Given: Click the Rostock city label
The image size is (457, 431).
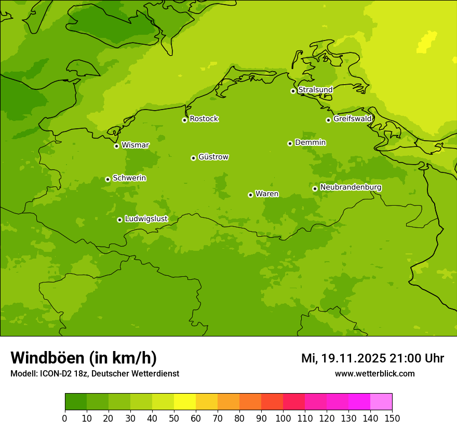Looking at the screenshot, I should point(204,119).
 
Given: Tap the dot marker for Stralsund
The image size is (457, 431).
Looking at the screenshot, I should point(293,91).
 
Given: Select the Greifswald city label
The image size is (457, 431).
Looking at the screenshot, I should point(352,119).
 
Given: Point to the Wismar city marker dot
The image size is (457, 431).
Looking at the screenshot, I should point(116,146).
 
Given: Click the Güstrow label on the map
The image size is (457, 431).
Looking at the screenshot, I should point(213,157).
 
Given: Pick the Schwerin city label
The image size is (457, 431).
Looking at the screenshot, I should point(129,178).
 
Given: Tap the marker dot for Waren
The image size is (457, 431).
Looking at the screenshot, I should point(250,195).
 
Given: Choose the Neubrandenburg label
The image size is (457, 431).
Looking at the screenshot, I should point(351,187).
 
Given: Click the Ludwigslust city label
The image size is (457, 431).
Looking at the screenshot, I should point(146,219).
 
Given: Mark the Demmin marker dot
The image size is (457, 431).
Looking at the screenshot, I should point(290,143).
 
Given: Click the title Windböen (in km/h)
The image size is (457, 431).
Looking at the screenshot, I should point(84,358).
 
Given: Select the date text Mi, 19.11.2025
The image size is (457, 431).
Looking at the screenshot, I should point(343,358).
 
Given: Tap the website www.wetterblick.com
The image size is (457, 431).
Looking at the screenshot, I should point(374,374).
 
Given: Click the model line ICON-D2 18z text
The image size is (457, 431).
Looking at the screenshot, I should point(95,374).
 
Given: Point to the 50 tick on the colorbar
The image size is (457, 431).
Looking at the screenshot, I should point(174,418).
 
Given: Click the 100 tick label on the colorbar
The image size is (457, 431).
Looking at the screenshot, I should point(283,418).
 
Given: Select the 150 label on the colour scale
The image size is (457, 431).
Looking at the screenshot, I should point(392,418).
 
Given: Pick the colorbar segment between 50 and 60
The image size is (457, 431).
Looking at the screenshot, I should point(185,401).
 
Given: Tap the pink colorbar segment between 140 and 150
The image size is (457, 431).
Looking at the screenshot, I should point(381,401).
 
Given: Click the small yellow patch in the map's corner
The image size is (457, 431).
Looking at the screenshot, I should point(427,42).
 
